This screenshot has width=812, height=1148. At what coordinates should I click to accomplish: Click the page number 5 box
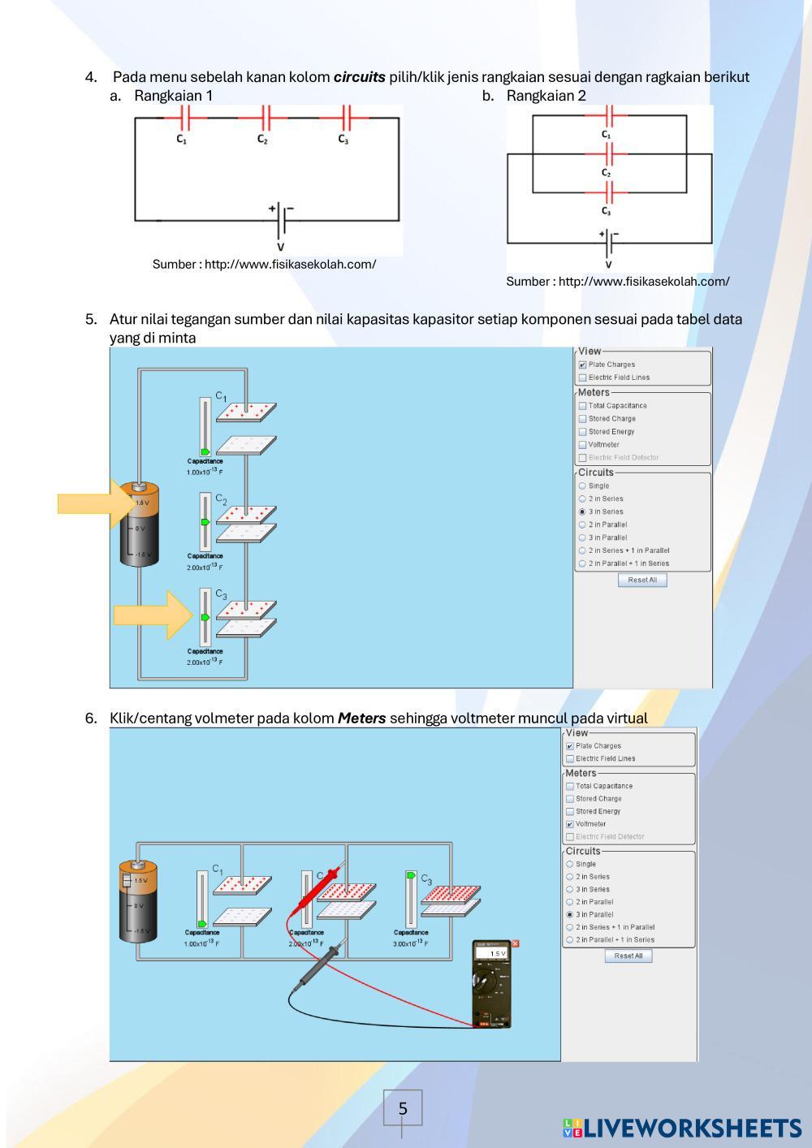[x=403, y=1108]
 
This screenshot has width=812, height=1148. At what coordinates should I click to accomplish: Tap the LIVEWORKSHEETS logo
[x=681, y=1128]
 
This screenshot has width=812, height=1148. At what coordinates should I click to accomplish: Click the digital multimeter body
[x=493, y=986]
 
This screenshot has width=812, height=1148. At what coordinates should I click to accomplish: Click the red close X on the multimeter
[x=516, y=943]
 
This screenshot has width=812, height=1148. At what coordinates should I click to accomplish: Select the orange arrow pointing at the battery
[x=88, y=503]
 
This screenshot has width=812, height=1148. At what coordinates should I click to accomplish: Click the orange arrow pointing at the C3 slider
[x=151, y=615]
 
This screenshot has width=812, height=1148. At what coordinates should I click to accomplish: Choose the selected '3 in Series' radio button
[x=582, y=511]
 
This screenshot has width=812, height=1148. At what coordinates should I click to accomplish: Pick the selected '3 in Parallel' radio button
[x=569, y=914]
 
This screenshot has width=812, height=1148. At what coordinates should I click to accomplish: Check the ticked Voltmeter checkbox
[x=570, y=824]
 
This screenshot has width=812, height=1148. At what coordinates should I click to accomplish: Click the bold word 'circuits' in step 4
[x=359, y=78]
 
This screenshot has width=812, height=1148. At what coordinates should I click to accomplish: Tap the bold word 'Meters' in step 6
[x=361, y=719]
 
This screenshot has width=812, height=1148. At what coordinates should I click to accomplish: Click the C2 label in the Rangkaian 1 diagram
[x=262, y=140]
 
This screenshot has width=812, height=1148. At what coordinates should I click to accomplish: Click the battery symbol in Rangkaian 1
[x=281, y=219]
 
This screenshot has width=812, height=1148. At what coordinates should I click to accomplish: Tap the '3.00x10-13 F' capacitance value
[x=410, y=943]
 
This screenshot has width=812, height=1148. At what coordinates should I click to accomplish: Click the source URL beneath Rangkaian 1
[x=264, y=265]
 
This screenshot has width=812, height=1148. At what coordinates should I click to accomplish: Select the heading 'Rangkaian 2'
[x=546, y=96]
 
